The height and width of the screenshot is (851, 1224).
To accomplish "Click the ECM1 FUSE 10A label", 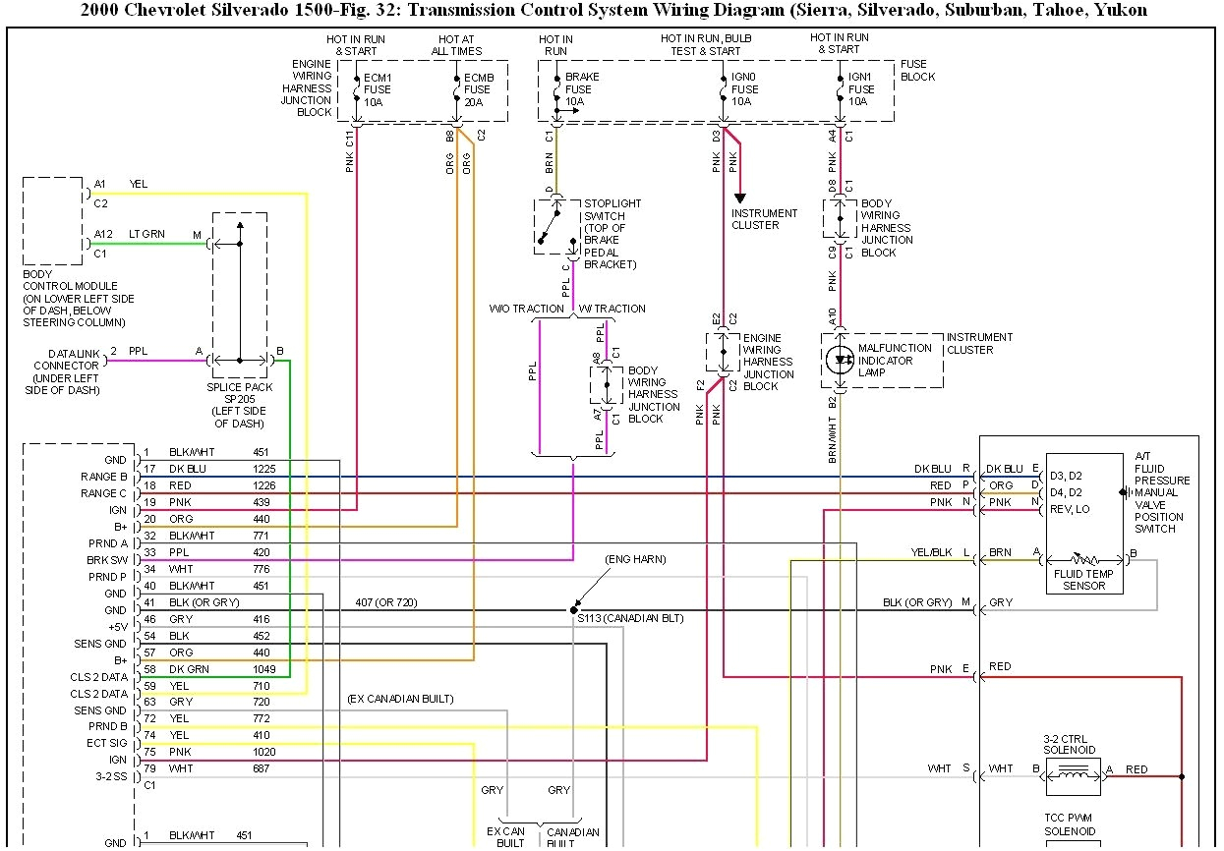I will point(379,88).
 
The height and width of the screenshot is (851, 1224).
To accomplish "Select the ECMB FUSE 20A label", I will point(479,88).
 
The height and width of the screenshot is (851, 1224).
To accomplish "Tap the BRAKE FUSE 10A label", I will point(581,88).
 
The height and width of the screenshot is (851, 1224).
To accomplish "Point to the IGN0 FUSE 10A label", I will point(746,88).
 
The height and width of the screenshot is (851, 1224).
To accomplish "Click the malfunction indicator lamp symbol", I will point(840,360).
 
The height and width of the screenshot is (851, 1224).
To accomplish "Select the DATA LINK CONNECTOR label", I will point(66,371).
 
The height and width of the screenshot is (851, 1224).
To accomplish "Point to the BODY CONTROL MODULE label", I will point(78,298).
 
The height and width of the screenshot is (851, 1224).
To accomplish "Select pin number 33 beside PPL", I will point(149,552).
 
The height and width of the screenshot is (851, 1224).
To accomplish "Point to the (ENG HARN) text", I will point(635,559).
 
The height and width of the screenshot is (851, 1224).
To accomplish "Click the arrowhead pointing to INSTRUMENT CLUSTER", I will point(740,198).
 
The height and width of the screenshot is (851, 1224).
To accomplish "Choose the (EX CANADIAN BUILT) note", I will point(400,699).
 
